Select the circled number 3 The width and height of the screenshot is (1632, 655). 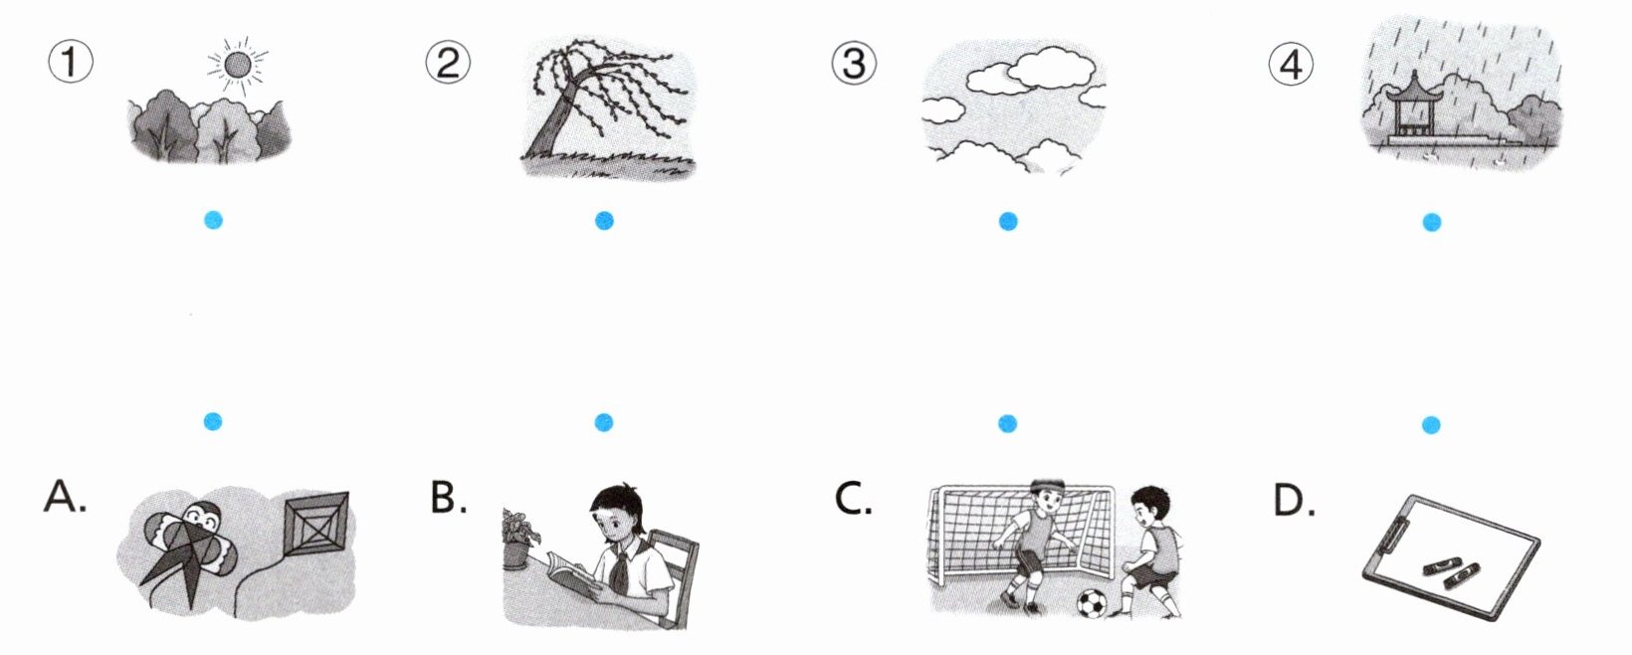[x=854, y=63]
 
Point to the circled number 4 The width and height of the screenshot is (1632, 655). [x=1291, y=64]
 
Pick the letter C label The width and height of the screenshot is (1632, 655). [x=853, y=499]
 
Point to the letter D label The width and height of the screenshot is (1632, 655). [x=1294, y=501]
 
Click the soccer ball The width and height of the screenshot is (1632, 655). [x=1091, y=602]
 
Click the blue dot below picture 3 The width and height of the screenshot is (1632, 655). [x=1008, y=222]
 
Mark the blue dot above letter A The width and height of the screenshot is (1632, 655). [x=213, y=421]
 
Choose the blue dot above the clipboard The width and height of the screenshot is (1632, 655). [x=1431, y=425]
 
